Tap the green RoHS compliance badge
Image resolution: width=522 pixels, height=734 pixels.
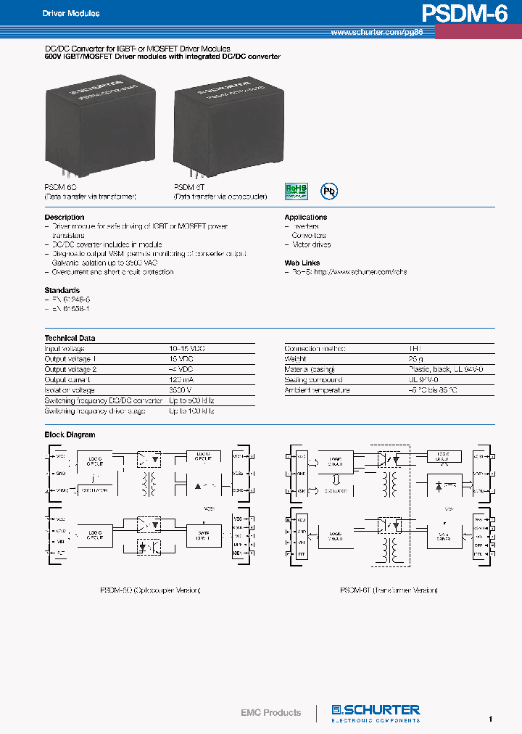[x=296, y=191]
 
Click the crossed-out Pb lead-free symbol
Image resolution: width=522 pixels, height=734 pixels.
[x=330, y=191]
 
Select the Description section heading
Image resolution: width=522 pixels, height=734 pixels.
[x=65, y=218]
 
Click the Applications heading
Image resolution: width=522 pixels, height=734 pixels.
[x=305, y=218]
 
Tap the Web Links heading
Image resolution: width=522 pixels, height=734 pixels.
[x=302, y=263]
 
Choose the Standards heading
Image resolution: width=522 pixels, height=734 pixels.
[x=62, y=290]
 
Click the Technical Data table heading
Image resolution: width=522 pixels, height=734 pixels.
[x=70, y=338]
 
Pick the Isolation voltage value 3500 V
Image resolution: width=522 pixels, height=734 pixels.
[x=181, y=390]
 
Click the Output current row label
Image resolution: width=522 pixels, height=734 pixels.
[x=67, y=380]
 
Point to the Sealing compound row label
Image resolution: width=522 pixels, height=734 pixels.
[x=313, y=380]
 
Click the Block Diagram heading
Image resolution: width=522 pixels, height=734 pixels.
[x=70, y=435]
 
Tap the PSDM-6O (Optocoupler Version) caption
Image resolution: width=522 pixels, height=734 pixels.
[x=150, y=590]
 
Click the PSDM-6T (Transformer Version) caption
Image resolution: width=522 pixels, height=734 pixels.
[x=389, y=590]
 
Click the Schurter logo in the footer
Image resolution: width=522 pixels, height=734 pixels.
[x=375, y=712]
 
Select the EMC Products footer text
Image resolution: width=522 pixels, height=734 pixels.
[x=270, y=713]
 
